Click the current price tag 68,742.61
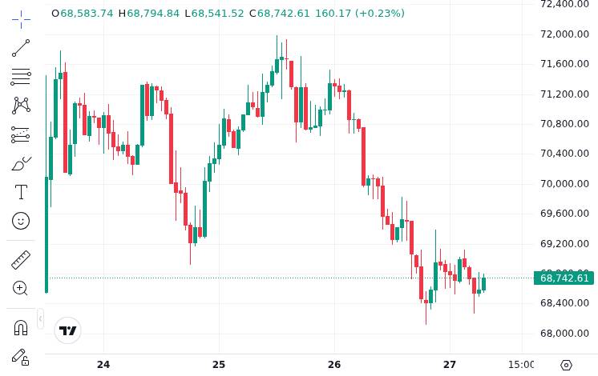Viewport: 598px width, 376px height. [564, 278]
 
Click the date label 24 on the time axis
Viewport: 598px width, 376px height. [103, 365]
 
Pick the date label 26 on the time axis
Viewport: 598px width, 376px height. [334, 365]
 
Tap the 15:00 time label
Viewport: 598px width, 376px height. [522, 365]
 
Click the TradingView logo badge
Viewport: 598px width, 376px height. [68, 330]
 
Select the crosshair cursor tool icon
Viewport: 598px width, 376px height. [21, 18]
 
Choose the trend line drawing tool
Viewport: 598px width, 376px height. [21, 48]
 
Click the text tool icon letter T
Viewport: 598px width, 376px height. [21, 191]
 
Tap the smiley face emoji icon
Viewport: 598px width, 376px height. [21, 220]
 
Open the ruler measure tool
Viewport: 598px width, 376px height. [21, 259]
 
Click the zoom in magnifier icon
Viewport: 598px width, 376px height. [21, 288]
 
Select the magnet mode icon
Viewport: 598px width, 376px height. [21, 327]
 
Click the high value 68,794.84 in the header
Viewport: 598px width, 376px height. [153, 14]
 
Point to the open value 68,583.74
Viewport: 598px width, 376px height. [87, 14]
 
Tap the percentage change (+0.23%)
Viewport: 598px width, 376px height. [379, 14]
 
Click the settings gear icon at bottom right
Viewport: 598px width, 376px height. [566, 365]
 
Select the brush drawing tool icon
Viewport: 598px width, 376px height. [21, 164]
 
